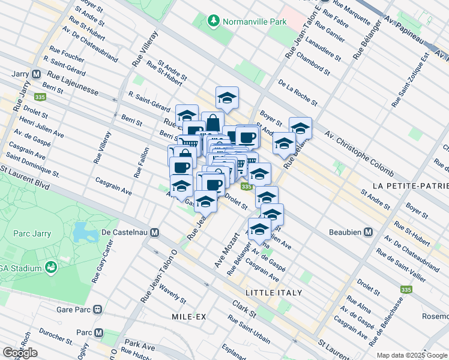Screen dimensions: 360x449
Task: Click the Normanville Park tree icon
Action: click(213, 22)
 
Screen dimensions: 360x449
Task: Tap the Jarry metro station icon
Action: click(36, 74)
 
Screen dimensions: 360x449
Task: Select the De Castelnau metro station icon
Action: click(155, 232)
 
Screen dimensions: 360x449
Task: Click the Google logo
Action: click(20, 353)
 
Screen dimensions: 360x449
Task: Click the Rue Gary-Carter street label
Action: click(102, 263)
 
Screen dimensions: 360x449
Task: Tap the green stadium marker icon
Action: click(51, 266)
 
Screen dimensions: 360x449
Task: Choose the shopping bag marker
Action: click(212, 122)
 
